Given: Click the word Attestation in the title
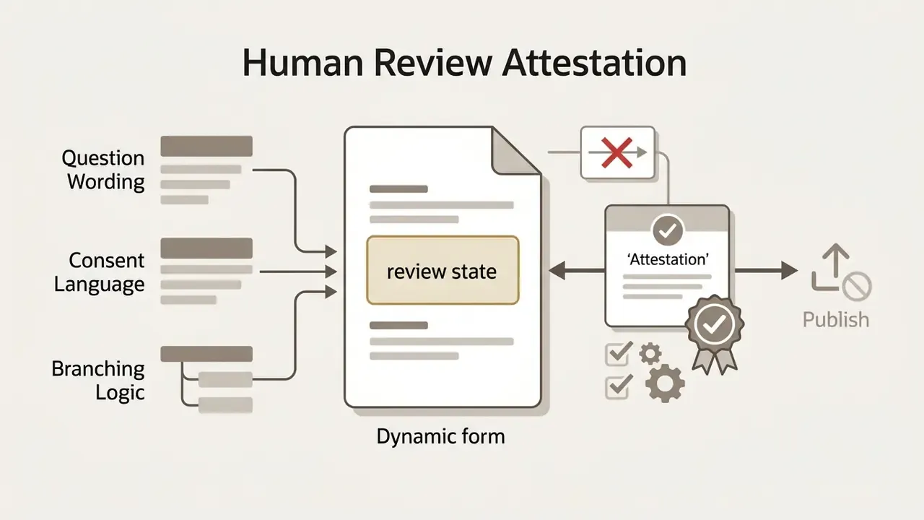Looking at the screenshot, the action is (x=594, y=63).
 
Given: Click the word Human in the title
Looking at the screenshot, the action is (x=302, y=63).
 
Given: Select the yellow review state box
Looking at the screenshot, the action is (x=443, y=270).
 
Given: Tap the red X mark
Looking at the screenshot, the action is (x=616, y=152).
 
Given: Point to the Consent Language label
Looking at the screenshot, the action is (x=100, y=272).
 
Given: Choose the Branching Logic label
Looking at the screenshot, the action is (x=98, y=380).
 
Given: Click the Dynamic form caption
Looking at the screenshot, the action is (x=440, y=437).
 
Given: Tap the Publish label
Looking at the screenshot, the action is (x=836, y=320).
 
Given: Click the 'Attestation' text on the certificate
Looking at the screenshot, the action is (x=668, y=259).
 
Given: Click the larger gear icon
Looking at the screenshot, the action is (x=665, y=383).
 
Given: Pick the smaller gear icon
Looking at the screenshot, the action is (x=650, y=354).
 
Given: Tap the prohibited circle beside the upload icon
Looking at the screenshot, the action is (x=857, y=285).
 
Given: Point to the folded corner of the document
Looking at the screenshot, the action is (x=515, y=151).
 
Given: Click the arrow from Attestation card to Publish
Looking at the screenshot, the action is (x=766, y=271).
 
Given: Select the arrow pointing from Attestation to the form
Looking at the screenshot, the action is (x=577, y=271).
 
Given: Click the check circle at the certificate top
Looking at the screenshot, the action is (x=668, y=230).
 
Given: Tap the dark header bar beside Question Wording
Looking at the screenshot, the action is (x=206, y=146).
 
